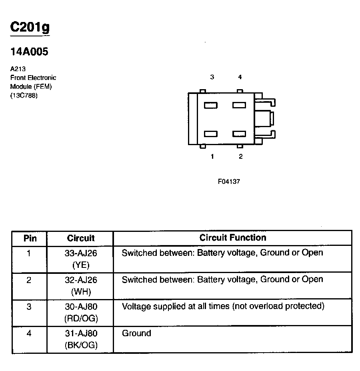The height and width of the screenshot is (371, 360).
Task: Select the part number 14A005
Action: coord(29,52)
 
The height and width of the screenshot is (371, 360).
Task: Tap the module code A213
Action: coord(18,69)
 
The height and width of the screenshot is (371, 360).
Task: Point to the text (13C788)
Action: coord(24,95)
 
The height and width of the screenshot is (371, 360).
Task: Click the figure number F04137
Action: coord(229,181)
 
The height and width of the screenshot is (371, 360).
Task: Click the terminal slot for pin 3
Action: coord(211,106)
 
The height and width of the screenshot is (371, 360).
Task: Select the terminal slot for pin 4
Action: coord(239,106)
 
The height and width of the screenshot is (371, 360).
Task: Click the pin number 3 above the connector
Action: coord(212,77)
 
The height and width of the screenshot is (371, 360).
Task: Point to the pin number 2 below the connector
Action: coord(240,156)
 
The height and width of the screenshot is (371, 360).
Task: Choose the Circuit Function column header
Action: coord(233,238)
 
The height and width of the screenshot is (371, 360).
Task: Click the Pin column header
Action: coord(30,239)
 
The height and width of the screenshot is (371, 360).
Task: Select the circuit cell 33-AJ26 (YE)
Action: coord(81,259)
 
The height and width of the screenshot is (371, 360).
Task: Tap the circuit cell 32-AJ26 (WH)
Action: coord(81,285)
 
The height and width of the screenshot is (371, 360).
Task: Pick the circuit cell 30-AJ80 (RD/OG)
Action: coord(81,312)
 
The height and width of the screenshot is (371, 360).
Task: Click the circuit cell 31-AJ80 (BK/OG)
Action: coord(81,339)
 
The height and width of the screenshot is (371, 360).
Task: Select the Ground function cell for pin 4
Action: coord(136,333)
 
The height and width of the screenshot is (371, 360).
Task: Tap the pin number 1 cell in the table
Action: coord(29,253)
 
